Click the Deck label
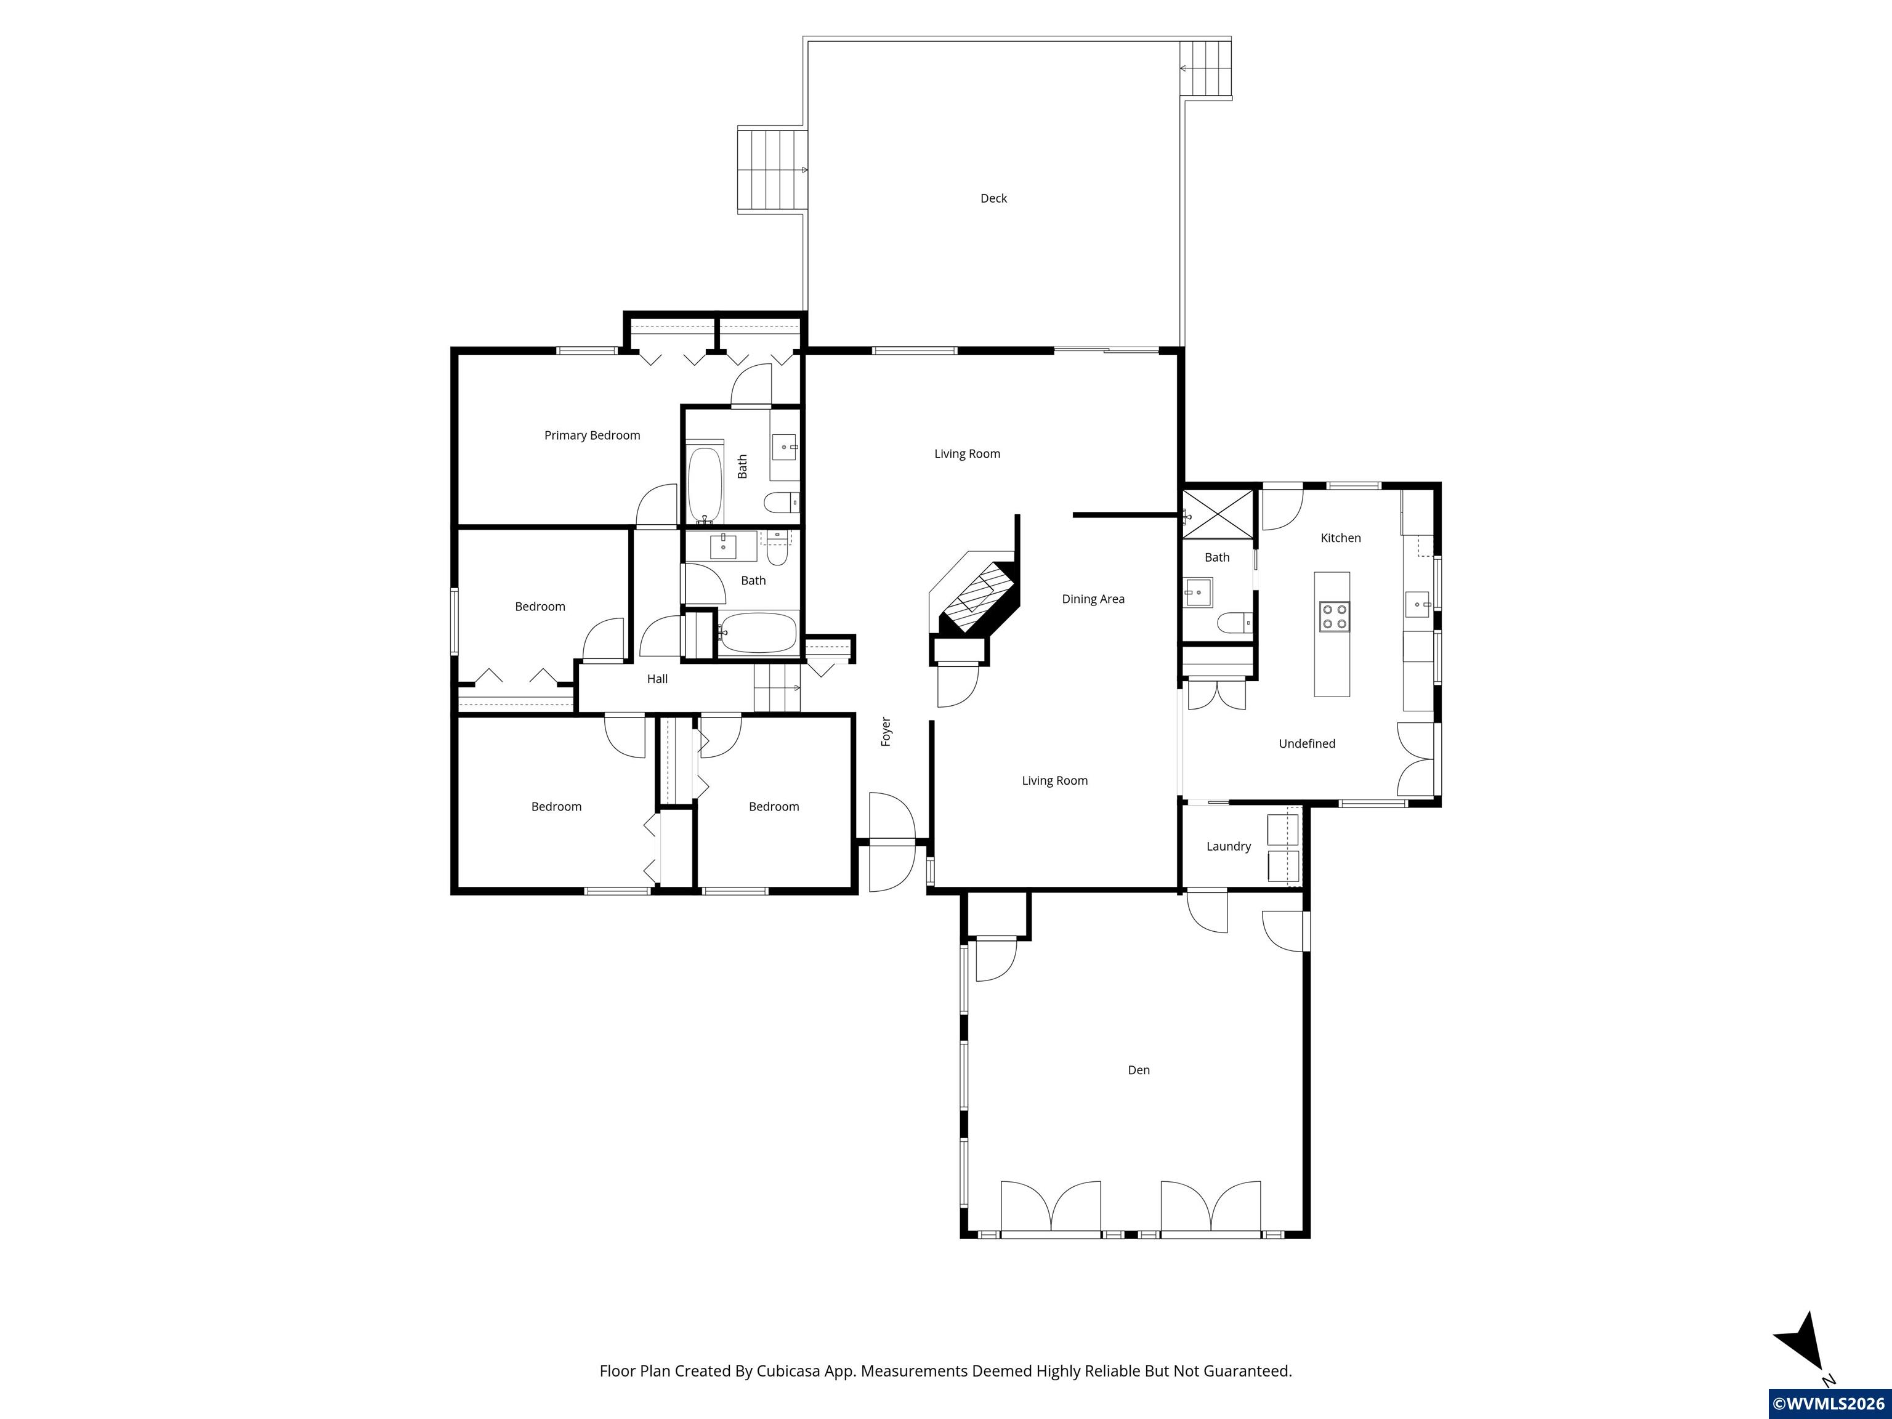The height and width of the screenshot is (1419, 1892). coord(993,198)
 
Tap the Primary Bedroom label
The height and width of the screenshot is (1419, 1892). coord(592,435)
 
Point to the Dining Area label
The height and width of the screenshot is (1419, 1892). coord(1093,599)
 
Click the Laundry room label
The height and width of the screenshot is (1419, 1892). coord(1228,846)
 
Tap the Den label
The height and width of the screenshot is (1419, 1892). coord(1138,1070)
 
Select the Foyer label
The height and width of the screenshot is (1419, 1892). coord(886,732)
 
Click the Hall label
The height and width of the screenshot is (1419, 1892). coord(657,679)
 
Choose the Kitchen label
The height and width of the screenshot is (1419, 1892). coord(1340,538)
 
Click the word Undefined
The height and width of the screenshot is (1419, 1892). coord(1307,744)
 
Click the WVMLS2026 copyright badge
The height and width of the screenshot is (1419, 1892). coord(1829,1403)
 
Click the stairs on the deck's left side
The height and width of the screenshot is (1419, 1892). coord(772,170)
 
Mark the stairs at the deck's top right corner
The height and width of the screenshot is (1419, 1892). coord(1206,68)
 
